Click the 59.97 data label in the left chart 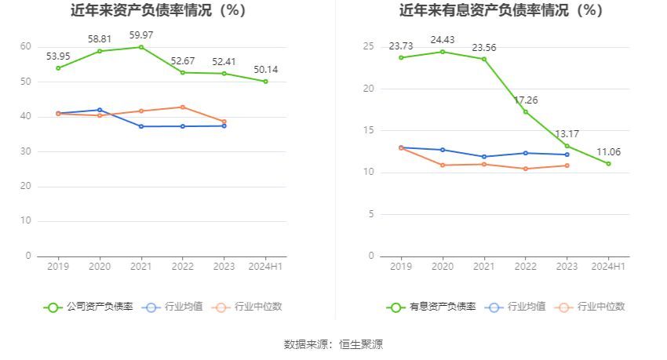click(140, 35)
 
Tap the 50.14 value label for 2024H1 click(265, 70)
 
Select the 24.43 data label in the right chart click(443, 39)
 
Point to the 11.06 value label click(608, 151)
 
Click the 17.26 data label click(526, 100)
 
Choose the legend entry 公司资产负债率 click(88, 307)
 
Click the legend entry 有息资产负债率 click(431, 307)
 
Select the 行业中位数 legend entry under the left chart click(247, 307)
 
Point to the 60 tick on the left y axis click(26, 47)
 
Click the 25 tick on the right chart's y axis click(369, 47)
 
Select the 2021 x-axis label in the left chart click(140, 267)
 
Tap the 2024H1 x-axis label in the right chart click(608, 267)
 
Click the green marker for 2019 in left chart click(58, 68)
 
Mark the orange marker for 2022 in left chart click(182, 107)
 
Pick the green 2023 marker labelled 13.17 click(567, 146)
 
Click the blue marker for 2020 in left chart click(100, 110)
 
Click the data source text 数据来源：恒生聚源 click(333, 344)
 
